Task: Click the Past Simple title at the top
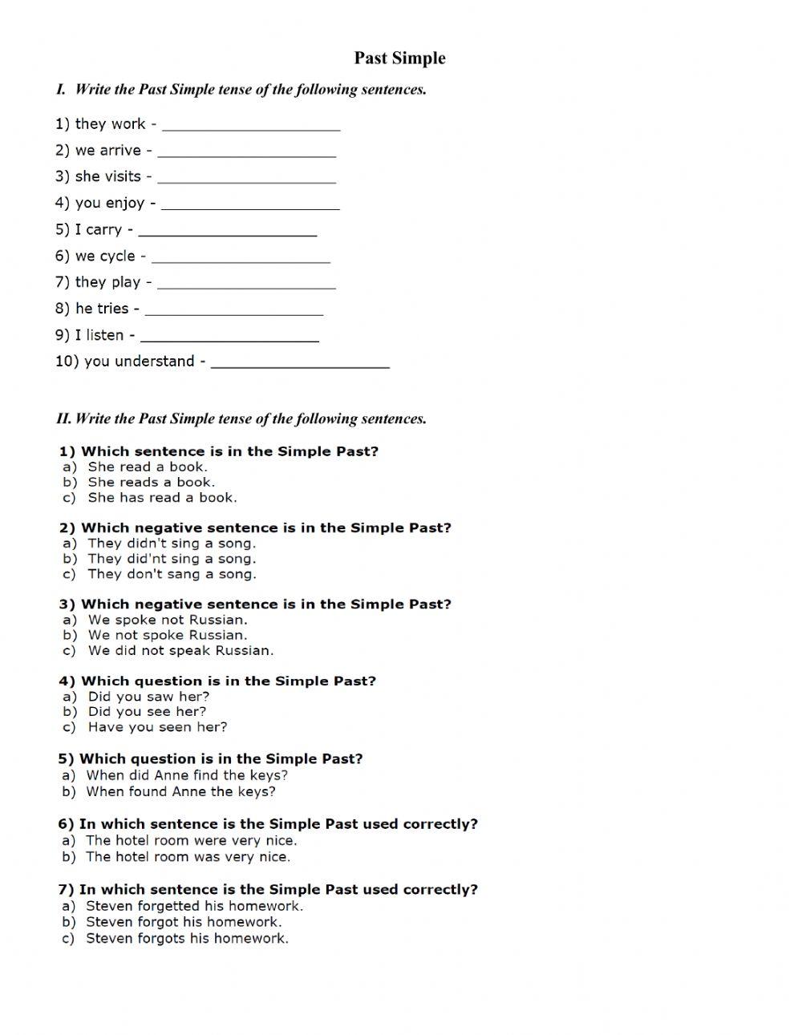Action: tap(399, 58)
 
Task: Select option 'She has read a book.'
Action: tap(162, 497)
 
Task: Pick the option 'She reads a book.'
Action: tap(151, 482)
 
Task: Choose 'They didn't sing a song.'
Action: tap(172, 543)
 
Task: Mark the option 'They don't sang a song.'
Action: tap(172, 574)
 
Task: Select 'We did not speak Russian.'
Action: tap(180, 650)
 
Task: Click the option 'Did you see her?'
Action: tap(147, 711)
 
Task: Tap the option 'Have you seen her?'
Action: tap(157, 727)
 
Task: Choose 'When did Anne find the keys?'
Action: tap(186, 775)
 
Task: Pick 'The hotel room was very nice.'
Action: tap(188, 856)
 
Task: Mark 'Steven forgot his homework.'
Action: tap(184, 922)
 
